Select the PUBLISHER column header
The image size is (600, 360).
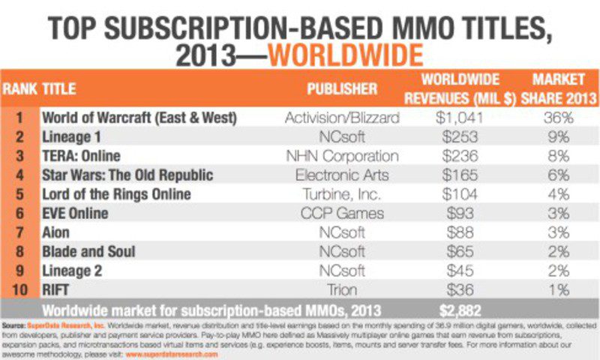coord(341,88)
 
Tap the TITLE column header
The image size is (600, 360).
coord(59,88)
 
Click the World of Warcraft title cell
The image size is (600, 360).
coord(139,117)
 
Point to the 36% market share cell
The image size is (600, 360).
coord(556,117)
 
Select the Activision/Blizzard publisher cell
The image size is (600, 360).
coord(341,117)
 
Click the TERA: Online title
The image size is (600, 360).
coord(81,156)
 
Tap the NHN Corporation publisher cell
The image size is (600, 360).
coord(341,156)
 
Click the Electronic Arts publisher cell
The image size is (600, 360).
coord(341,175)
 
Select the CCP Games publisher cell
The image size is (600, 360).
coord(341,213)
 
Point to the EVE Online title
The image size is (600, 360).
coord(75,213)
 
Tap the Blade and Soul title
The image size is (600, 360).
coord(88,251)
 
